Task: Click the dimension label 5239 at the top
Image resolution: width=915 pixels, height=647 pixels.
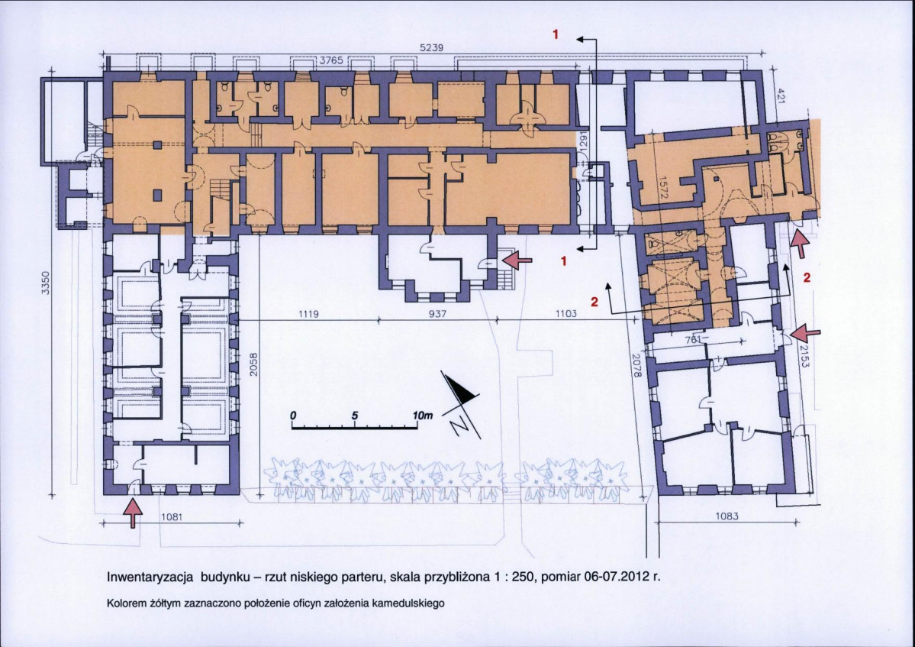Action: (x=432, y=48)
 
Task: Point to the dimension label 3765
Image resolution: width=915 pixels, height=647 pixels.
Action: (x=331, y=60)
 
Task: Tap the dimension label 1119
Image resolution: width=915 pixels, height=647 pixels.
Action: (x=308, y=314)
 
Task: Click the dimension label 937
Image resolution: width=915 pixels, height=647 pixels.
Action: (x=437, y=314)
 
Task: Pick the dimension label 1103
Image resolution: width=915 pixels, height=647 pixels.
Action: (x=566, y=314)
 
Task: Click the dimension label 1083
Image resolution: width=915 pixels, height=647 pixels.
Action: (x=727, y=516)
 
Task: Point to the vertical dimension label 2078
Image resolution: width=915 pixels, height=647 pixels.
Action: (x=636, y=364)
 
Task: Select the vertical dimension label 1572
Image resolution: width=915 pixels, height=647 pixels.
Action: (x=662, y=188)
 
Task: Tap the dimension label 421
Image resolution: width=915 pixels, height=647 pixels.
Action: (x=780, y=95)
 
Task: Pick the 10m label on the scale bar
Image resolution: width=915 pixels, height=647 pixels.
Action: (x=423, y=416)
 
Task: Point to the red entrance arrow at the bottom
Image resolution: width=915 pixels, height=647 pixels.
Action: (x=134, y=513)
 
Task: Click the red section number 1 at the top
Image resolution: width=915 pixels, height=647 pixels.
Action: (x=556, y=34)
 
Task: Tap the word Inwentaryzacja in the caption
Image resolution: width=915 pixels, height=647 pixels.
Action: (x=150, y=577)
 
